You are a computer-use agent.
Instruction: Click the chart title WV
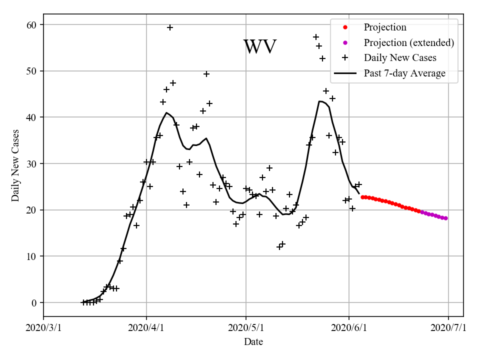259,47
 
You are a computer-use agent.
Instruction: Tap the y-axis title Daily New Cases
15,165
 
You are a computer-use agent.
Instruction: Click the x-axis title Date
253,342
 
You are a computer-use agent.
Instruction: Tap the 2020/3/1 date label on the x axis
43,328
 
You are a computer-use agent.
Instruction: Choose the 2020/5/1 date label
245,328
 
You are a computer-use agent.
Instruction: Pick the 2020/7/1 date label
448,328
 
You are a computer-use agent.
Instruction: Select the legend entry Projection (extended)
408,42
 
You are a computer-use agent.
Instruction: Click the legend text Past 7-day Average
404,73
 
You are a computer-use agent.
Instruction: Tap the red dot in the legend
345,27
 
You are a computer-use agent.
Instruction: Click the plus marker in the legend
345,58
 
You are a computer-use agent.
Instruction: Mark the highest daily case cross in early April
170,27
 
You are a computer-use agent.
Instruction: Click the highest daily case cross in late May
316,37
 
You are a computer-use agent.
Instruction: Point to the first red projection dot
362,197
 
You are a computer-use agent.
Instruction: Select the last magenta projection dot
445,218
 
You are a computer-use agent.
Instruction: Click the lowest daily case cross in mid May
279,247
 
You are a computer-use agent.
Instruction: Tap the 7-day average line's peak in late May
320,101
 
